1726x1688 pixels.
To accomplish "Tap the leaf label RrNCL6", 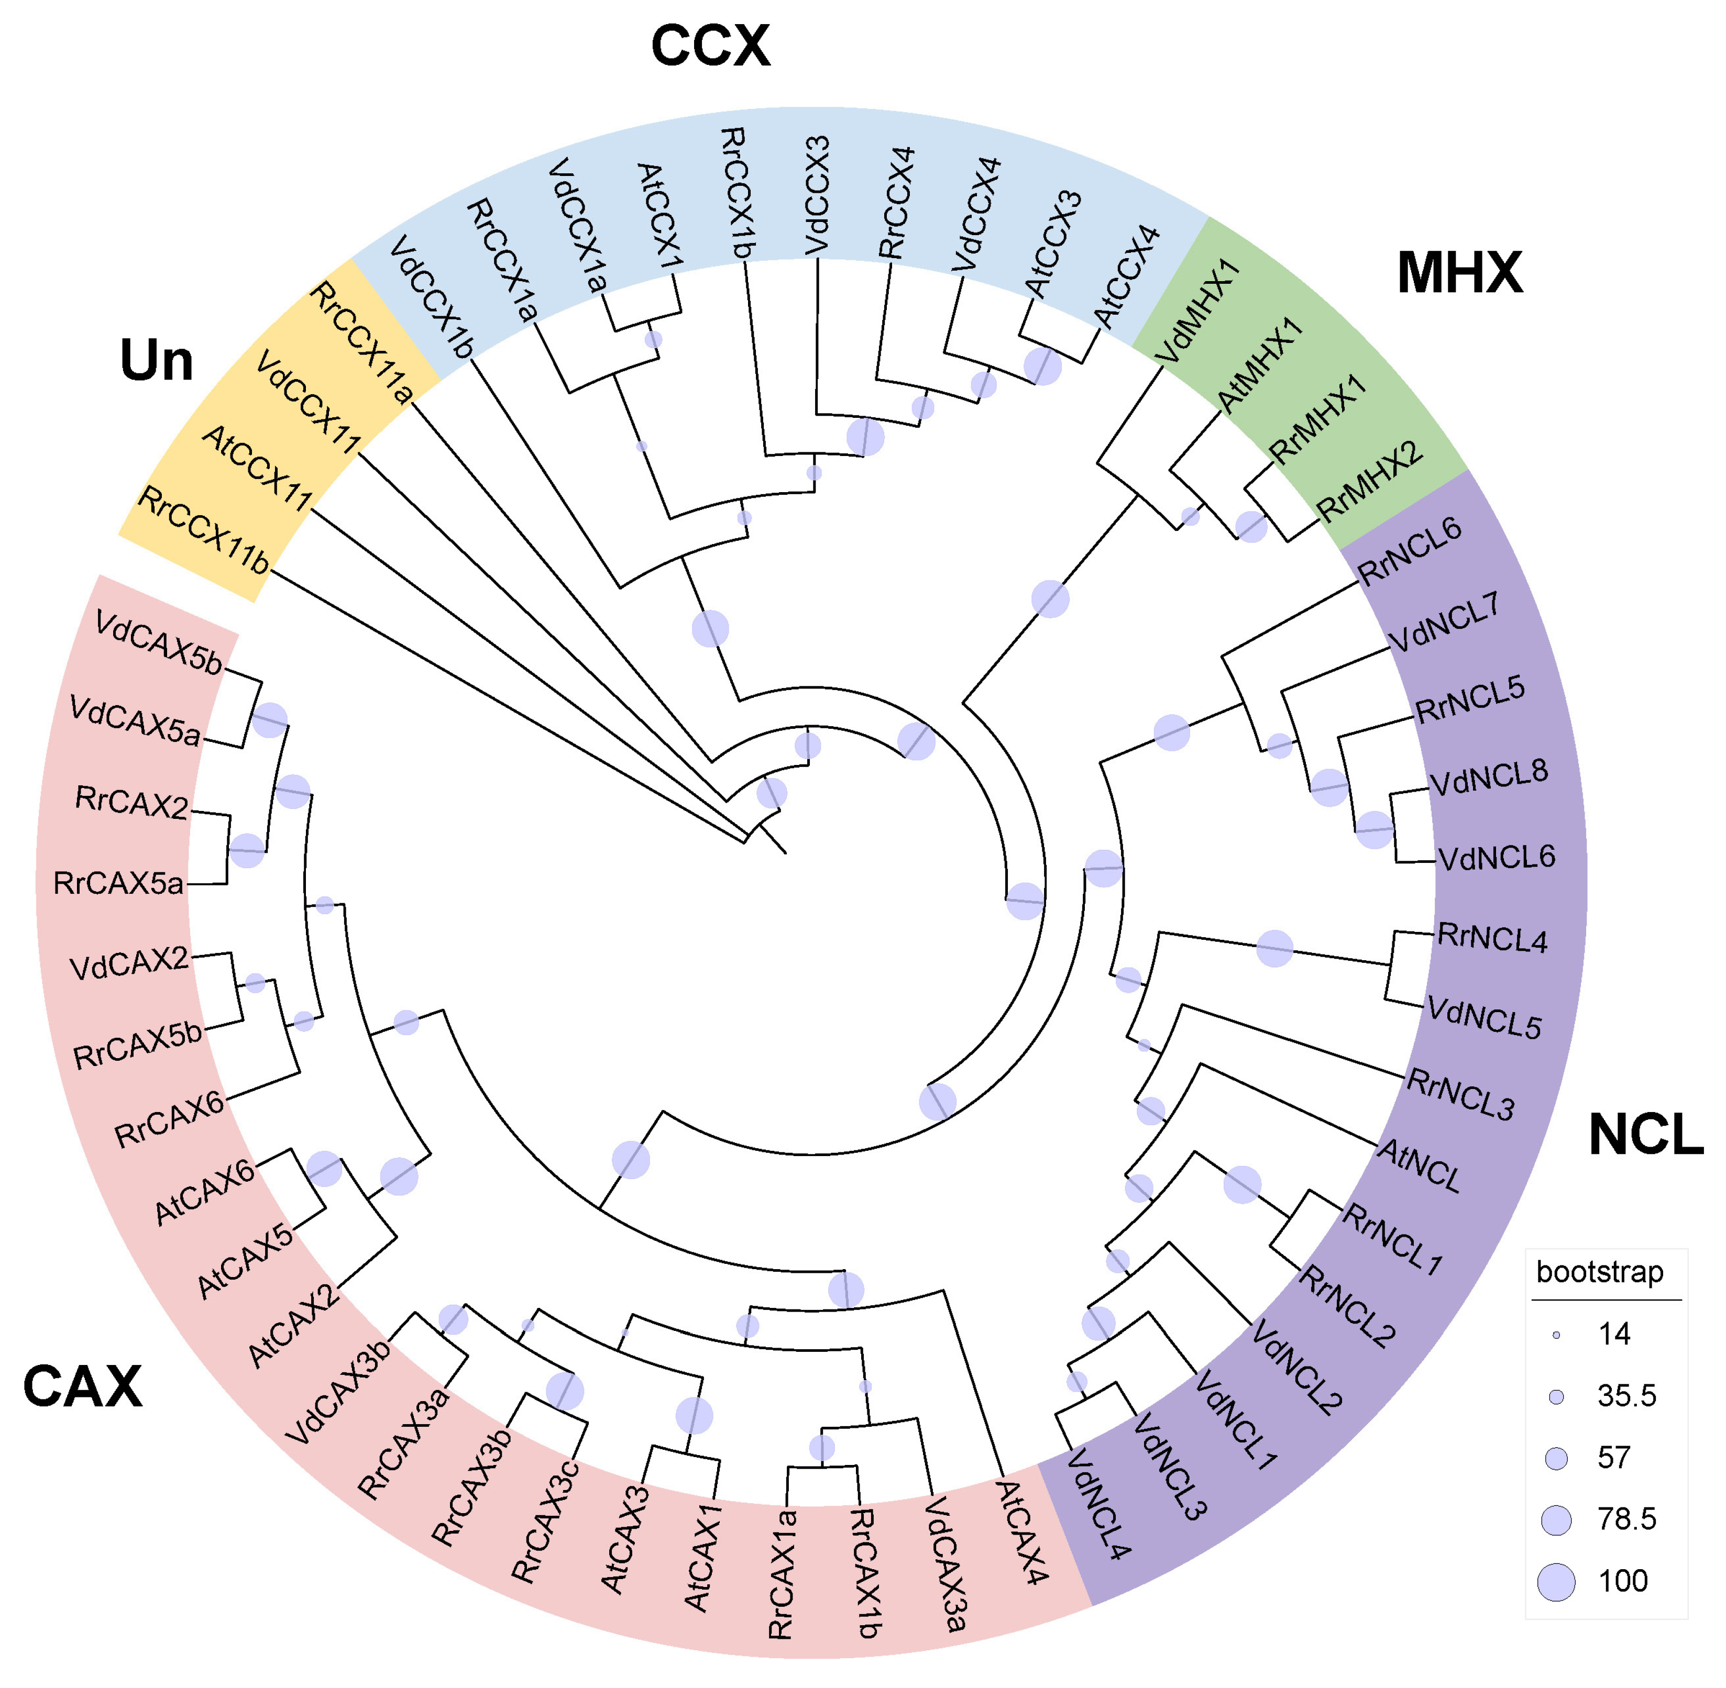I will pos(1410,551).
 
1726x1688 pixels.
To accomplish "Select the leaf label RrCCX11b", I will pos(204,530).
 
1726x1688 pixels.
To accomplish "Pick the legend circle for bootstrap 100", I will pos(1556,1582).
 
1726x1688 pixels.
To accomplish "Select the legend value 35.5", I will pos(1626,1396).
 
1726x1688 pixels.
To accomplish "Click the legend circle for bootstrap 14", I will pos(1556,1334).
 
